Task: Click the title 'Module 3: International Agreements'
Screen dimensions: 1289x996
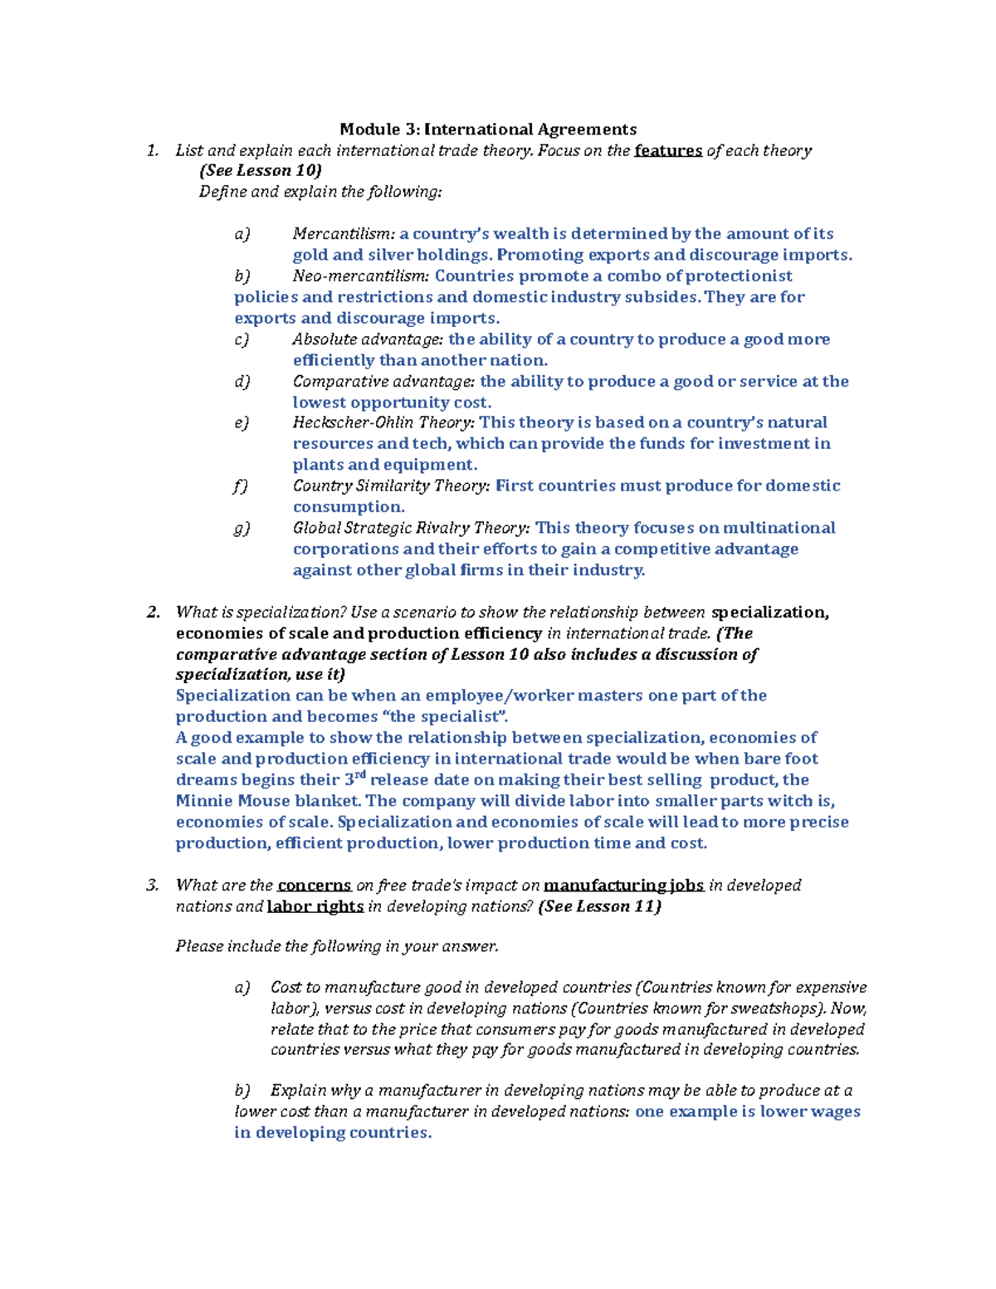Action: point(488,129)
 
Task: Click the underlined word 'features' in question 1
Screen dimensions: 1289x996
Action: point(668,151)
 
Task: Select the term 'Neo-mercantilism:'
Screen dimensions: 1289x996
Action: point(361,276)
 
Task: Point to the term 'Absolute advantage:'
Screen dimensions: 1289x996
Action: point(369,339)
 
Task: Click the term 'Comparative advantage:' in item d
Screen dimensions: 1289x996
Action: point(383,382)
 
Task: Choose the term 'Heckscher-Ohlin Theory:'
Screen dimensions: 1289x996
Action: point(383,422)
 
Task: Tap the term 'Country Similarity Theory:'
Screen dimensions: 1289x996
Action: point(391,486)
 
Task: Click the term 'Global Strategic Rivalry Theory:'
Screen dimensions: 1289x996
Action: point(411,528)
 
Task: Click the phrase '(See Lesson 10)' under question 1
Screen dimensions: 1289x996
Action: point(260,171)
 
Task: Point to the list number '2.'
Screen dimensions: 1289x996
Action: point(153,613)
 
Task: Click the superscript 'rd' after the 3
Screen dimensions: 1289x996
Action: point(360,775)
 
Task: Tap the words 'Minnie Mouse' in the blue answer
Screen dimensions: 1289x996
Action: point(226,802)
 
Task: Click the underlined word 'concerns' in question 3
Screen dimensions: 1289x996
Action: point(314,886)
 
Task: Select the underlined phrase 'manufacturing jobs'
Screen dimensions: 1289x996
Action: point(623,886)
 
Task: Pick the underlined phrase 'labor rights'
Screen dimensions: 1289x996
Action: point(315,907)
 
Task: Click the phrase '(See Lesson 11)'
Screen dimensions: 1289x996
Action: point(599,907)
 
